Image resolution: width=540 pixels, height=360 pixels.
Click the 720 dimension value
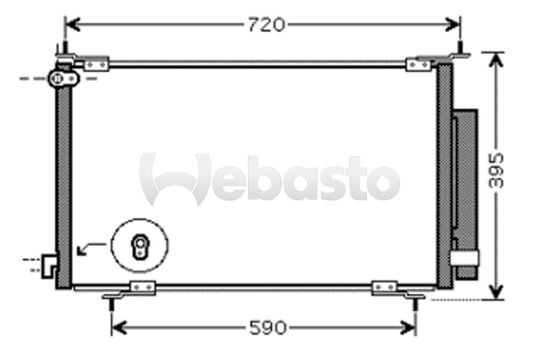(x=267, y=25)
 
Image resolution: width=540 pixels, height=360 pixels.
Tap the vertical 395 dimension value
(x=496, y=171)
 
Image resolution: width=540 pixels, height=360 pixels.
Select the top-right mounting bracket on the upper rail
(x=419, y=64)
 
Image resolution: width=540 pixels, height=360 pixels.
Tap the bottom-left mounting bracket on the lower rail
(x=143, y=287)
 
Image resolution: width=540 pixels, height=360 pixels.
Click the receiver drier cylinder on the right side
(x=466, y=192)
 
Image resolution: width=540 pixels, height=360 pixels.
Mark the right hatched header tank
(x=444, y=176)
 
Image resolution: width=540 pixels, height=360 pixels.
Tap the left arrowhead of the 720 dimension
(x=72, y=25)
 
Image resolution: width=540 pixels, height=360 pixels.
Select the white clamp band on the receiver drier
(x=465, y=258)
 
